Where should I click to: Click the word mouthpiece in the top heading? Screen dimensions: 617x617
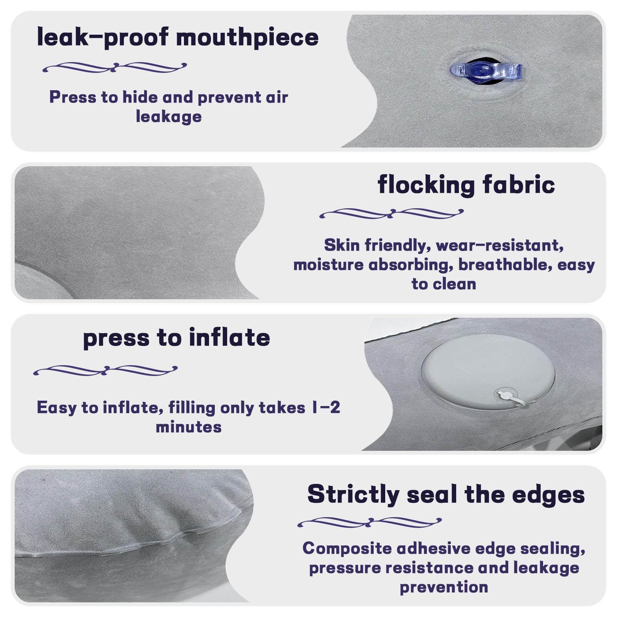(247, 38)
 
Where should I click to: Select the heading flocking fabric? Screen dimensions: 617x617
(466, 185)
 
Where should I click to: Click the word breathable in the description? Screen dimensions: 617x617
(505, 265)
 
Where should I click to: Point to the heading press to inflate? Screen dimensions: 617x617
(177, 338)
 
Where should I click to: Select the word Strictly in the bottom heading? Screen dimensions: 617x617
(353, 495)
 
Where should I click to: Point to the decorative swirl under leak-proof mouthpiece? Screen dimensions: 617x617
(115, 68)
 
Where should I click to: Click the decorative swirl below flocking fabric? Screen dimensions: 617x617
(391, 214)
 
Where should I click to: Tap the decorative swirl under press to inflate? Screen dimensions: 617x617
(105, 371)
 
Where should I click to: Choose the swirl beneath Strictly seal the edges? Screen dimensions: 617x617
(369, 523)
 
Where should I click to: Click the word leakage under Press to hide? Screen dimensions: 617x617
(169, 117)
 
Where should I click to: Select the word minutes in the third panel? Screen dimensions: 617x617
(189, 427)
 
